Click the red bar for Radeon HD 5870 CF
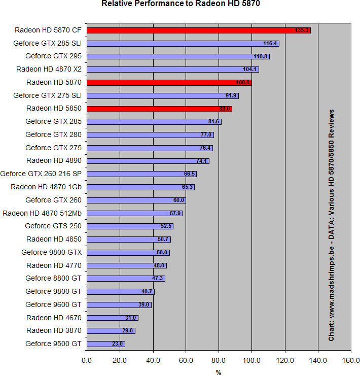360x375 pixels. tap(198, 30)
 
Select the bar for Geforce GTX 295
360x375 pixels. tap(177, 56)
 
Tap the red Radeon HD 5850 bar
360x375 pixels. tap(159, 109)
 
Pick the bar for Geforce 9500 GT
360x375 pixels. tap(105, 344)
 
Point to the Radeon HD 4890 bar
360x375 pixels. tap(147, 161)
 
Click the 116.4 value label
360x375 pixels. tap(270, 44)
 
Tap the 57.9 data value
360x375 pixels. tap(175, 213)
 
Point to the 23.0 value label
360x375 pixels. tap(118, 344)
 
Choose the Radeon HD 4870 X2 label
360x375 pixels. tap(49, 69)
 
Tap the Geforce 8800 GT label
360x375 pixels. tap(53, 278)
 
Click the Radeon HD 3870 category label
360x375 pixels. tap(53, 330)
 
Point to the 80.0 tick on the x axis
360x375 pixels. tap(219, 361)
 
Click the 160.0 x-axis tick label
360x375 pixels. tap(350, 361)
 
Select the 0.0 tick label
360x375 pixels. tap(87, 361)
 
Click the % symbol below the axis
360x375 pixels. tap(219, 371)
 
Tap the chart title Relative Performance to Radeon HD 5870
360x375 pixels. tap(181, 4)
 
